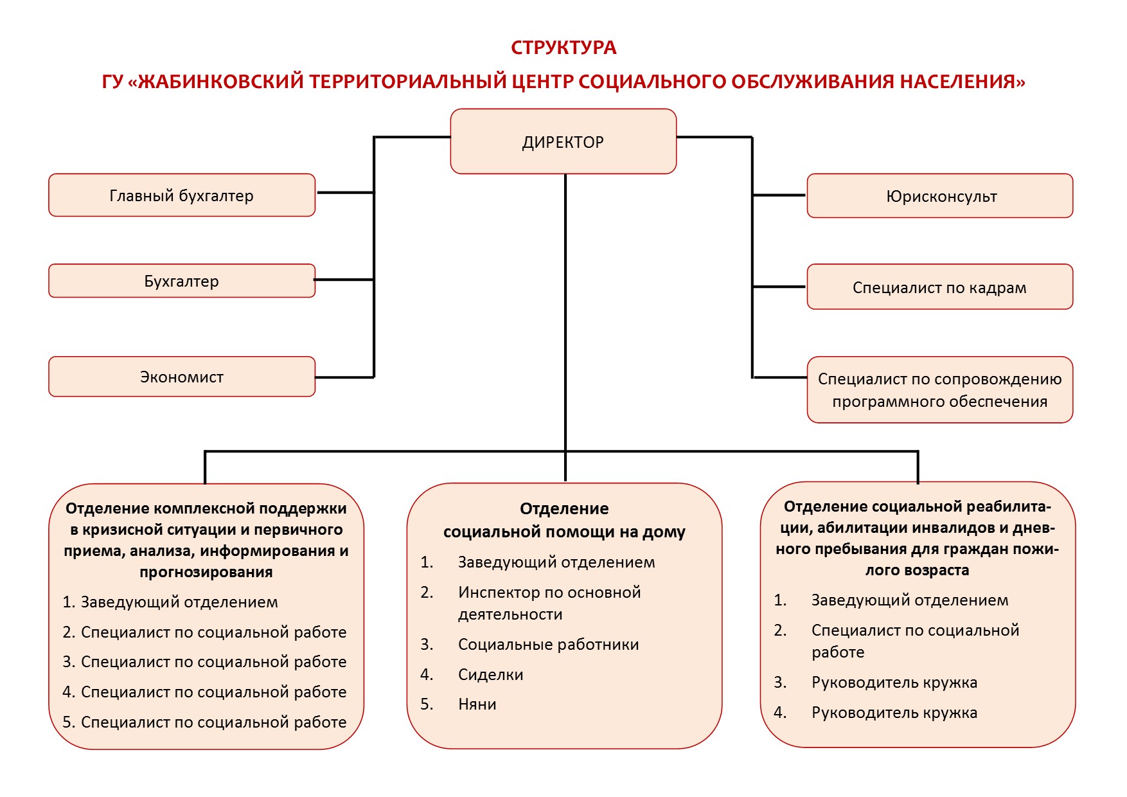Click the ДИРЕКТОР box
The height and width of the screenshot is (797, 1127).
click(563, 141)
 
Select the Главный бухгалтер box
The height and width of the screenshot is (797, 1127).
click(182, 195)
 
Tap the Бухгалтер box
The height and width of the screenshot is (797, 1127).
click(182, 281)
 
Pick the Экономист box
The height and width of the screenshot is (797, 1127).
click(182, 377)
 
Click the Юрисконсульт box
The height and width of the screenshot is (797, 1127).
click(940, 196)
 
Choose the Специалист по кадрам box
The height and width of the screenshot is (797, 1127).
click(940, 287)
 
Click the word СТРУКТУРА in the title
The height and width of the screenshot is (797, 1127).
click(563, 48)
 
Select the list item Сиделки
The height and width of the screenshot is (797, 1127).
click(491, 674)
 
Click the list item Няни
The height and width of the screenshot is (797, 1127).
click(477, 704)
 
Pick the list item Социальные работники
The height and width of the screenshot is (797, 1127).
click(548, 645)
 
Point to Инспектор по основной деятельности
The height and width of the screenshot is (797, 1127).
click(549, 603)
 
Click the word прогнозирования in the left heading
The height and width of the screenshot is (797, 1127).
click(206, 572)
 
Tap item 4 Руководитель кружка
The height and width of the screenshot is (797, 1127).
click(894, 712)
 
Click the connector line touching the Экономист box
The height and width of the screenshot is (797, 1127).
click(344, 377)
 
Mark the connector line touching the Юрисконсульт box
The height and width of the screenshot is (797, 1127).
click(779, 195)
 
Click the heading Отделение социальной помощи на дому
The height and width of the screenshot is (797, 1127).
click(564, 520)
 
